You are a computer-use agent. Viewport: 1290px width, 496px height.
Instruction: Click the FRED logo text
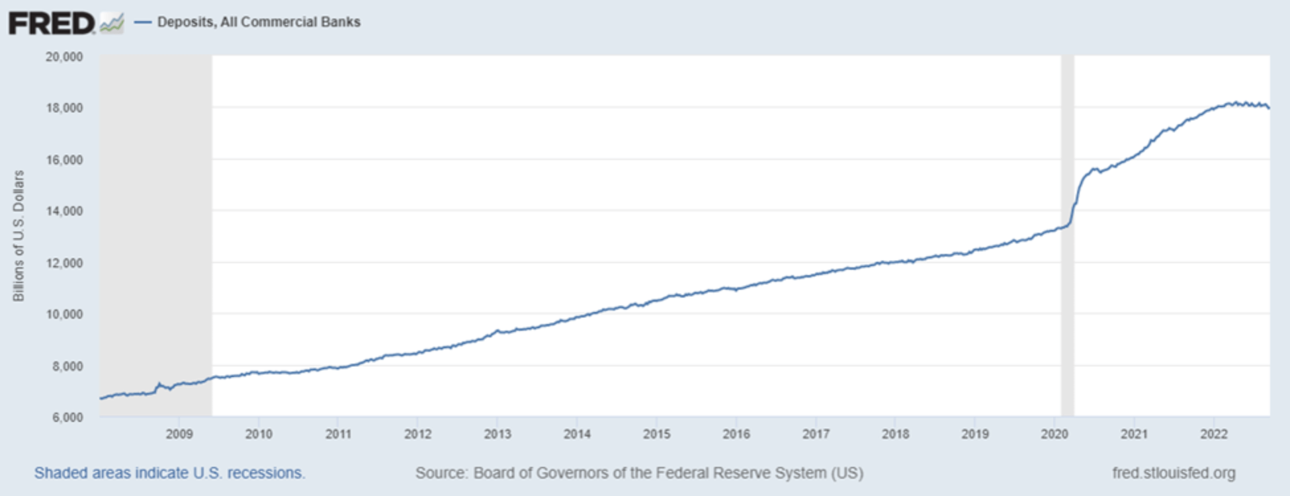coord(52,24)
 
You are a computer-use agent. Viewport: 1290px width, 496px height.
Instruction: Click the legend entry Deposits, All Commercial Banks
coord(258,22)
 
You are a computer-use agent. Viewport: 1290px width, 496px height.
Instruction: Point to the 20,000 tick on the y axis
coord(64,57)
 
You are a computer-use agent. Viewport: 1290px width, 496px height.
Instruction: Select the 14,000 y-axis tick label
coord(64,211)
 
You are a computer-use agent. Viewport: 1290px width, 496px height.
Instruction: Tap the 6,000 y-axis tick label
coord(67,417)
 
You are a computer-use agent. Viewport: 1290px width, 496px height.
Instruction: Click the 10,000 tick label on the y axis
coord(64,314)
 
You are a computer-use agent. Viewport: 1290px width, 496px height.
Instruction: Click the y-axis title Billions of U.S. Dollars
coord(19,236)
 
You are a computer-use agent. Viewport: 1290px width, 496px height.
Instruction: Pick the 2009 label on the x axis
coord(179,434)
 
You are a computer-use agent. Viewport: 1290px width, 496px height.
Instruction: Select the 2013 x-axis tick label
coord(497,434)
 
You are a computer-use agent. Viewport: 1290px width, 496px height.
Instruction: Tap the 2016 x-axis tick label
coord(736,434)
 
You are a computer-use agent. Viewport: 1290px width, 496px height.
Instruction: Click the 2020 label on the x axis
coord(1054,434)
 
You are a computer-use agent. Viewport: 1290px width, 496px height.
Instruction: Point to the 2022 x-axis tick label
coord(1214,434)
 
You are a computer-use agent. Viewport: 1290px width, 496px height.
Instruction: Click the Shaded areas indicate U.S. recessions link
coord(169,474)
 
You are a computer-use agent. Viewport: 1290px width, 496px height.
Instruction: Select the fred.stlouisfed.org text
coord(1174,474)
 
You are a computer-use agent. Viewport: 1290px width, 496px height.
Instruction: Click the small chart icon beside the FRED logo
coord(111,24)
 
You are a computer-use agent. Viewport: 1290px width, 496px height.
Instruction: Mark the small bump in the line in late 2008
coord(158,384)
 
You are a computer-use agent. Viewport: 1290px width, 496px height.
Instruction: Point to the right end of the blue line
coord(1268,107)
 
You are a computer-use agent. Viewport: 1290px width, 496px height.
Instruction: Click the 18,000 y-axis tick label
coord(64,108)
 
